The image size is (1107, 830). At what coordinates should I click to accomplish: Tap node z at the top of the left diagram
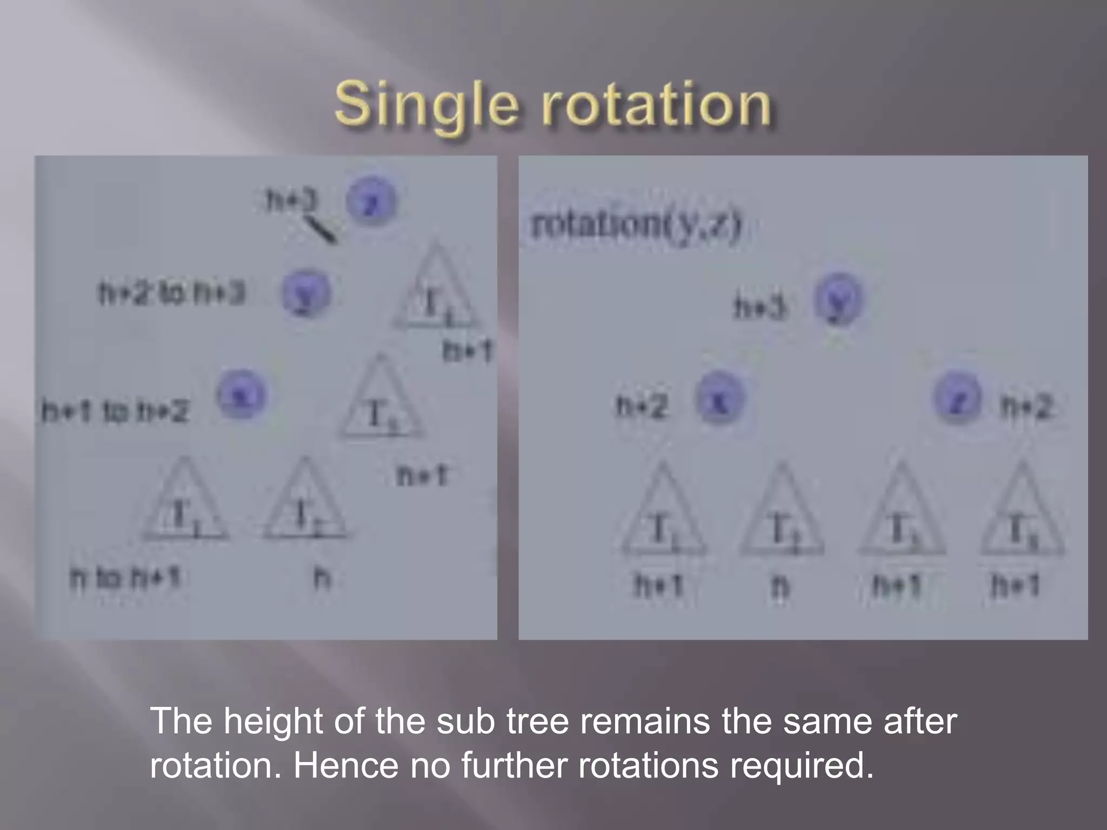tap(371, 203)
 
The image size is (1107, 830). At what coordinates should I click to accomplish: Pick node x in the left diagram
tap(241, 397)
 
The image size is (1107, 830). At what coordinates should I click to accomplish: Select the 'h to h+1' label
tap(124, 578)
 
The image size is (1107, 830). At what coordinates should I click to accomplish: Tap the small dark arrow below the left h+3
tap(320, 230)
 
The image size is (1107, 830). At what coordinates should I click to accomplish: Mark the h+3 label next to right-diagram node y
tap(759, 308)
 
